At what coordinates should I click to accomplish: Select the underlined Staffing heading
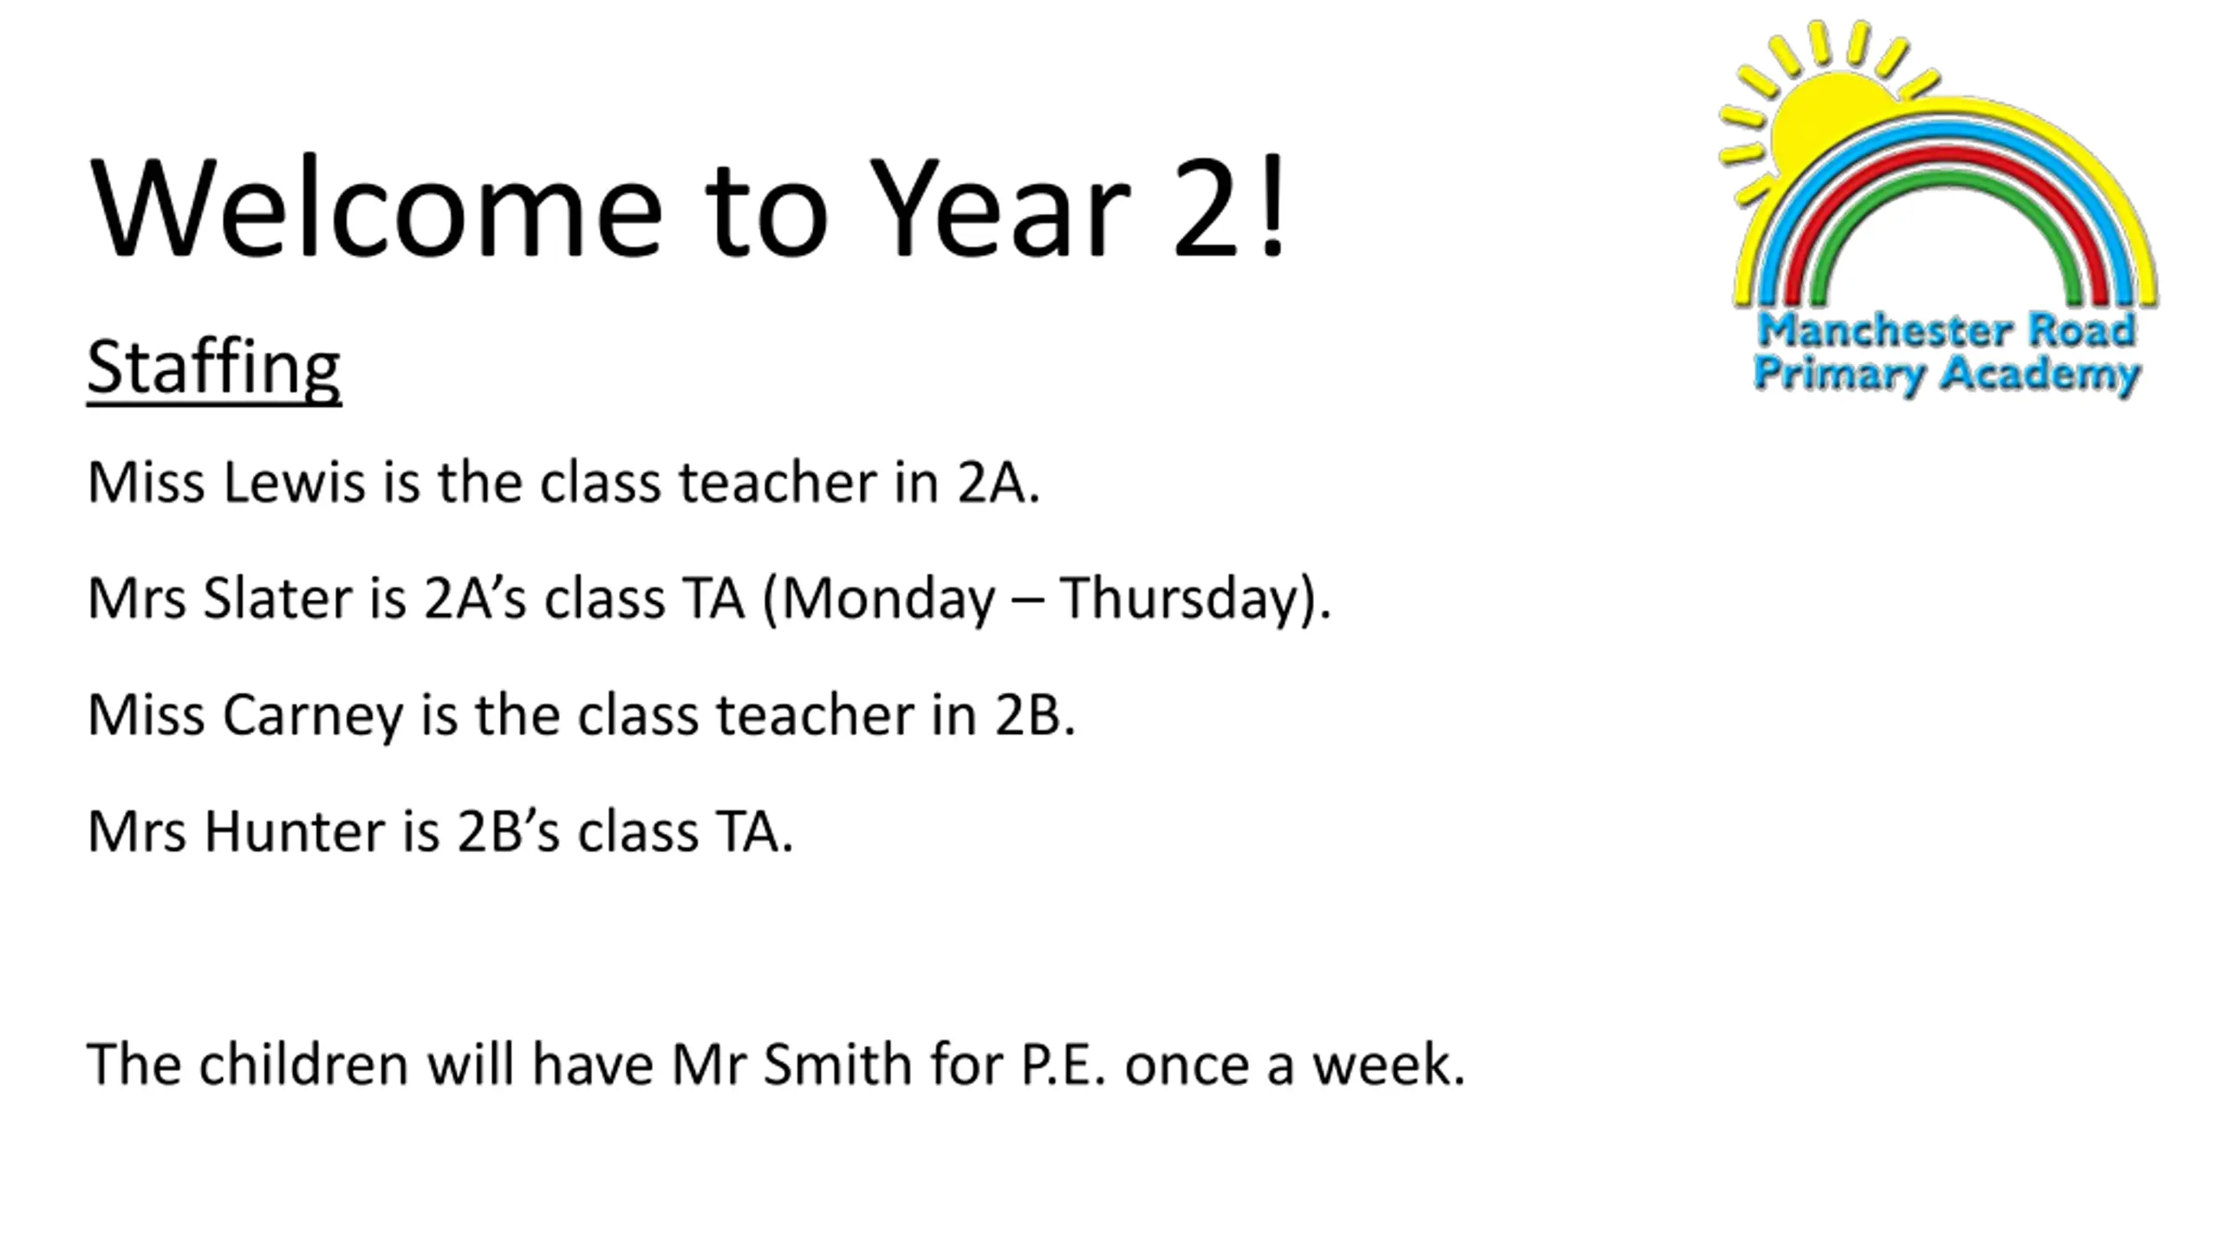[x=214, y=369]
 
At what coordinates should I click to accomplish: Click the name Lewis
[x=294, y=482]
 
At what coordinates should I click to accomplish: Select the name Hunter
[x=295, y=831]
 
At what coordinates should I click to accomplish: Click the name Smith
[x=837, y=1063]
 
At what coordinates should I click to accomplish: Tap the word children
[x=303, y=1063]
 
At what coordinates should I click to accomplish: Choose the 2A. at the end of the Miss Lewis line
[x=998, y=483]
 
